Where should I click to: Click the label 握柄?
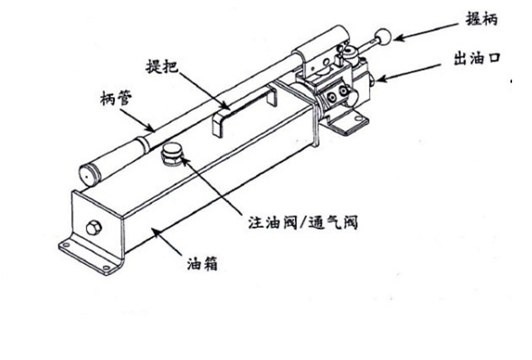481,19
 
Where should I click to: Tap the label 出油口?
477,59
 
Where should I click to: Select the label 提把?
162,66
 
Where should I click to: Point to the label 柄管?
117,98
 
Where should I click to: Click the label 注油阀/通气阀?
303,223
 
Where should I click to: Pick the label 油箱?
203,263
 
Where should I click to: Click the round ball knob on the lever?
383,37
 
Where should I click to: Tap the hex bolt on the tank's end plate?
93,227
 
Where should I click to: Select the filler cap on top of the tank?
171,154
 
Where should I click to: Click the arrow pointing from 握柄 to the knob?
428,32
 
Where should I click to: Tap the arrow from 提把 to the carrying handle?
204,90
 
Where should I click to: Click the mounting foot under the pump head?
347,121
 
